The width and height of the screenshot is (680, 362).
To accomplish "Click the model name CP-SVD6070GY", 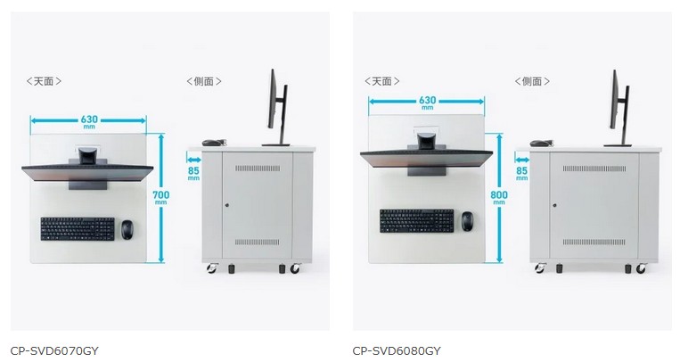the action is tap(54, 350).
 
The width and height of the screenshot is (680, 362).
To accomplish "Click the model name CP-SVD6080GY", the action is tap(397, 350).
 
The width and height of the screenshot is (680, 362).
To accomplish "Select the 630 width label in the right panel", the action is tap(428, 102).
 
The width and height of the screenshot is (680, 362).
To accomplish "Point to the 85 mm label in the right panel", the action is tap(521, 171).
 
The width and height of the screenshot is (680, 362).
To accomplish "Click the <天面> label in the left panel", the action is tap(44, 81).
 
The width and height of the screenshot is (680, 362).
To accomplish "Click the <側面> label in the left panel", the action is tap(204, 81).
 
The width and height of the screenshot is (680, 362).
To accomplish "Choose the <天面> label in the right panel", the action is tap(381, 81).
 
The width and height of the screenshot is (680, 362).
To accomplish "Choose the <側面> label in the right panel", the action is tap(532, 81).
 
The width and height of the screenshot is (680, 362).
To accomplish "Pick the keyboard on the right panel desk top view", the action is tap(416, 219).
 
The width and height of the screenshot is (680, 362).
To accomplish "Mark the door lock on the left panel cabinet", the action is tap(227, 205).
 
